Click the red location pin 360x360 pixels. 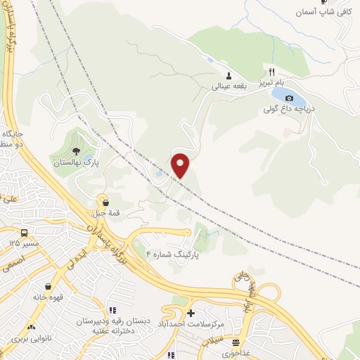[x=181, y=165]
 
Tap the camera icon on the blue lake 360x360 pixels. [x=288, y=98]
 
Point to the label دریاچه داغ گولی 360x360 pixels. [x=285, y=110]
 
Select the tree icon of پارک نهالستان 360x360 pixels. [x=76, y=150]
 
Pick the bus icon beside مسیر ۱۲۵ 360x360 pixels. [x=25, y=233]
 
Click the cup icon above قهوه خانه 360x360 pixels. [x=48, y=286]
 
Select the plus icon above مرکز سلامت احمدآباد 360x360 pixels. [x=191, y=312]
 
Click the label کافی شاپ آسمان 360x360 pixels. [x=323, y=13]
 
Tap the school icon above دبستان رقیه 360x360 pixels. [x=111, y=309]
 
